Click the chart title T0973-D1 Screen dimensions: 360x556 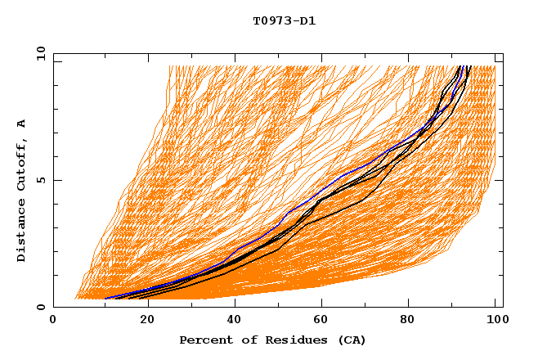(284, 20)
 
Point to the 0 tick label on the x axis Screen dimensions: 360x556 (53, 321)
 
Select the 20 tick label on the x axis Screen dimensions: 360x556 (141, 321)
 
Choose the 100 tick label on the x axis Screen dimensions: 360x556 (495, 321)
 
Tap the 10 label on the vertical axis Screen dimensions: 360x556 (38, 53)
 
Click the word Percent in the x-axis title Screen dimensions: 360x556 (204, 340)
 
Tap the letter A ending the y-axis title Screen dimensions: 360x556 (21, 124)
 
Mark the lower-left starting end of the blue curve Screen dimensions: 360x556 (105, 299)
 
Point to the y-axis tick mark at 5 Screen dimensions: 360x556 (56, 180)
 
